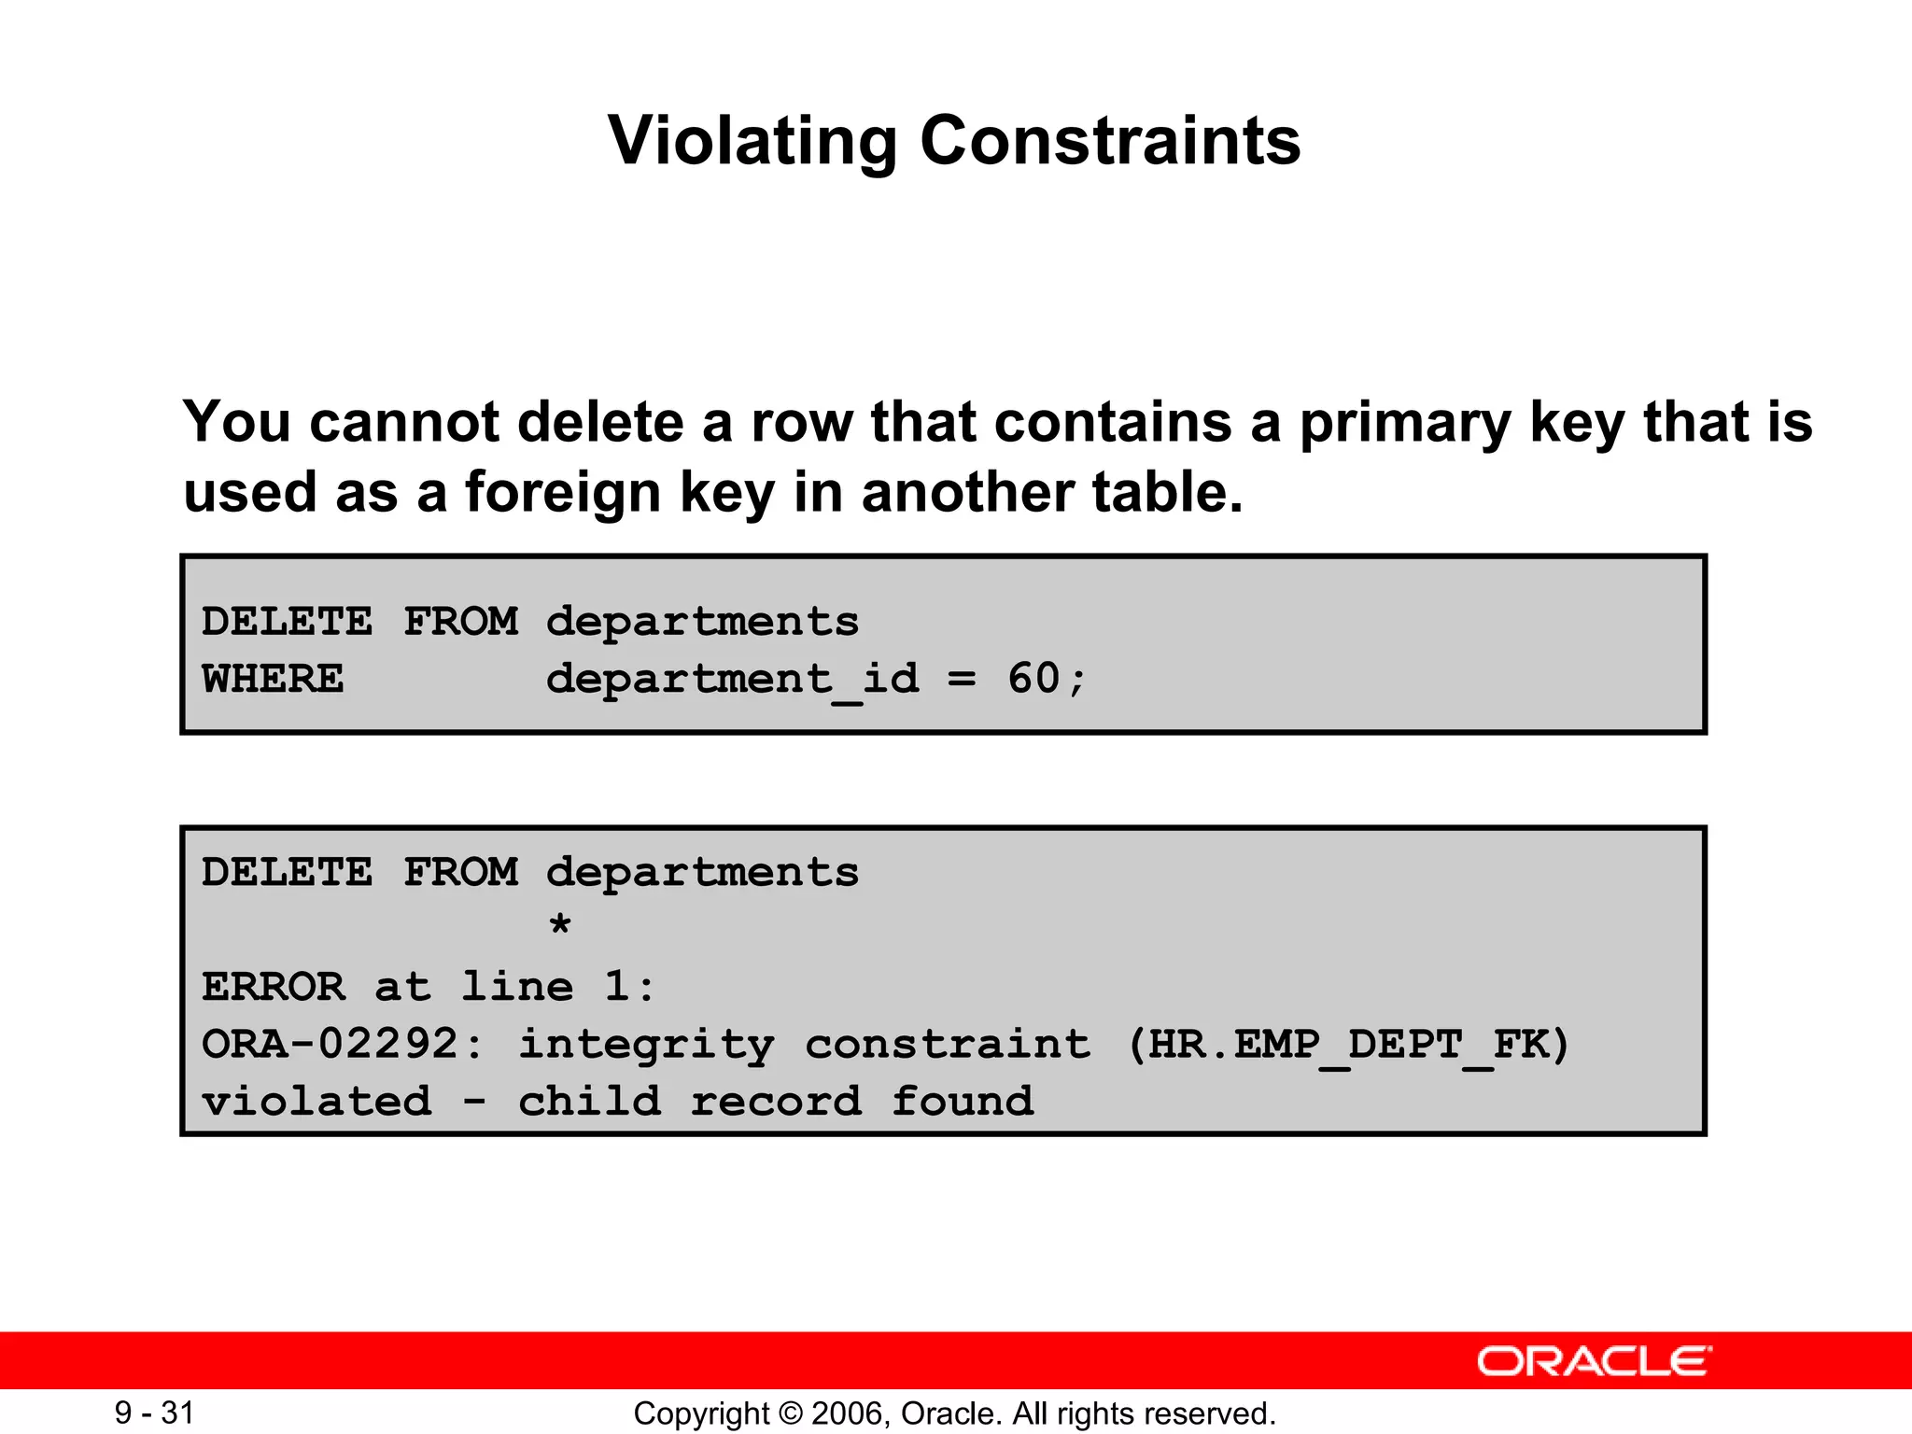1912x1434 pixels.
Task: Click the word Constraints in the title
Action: click(x=1110, y=142)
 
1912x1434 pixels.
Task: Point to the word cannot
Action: click(x=403, y=423)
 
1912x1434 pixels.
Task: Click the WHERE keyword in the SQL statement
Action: click(x=273, y=679)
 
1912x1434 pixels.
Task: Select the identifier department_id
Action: click(x=733, y=679)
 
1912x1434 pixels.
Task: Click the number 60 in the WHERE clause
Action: click(x=1033, y=679)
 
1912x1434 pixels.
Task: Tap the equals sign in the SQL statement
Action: click(x=963, y=680)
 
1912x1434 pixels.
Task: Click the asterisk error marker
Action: click(x=559, y=927)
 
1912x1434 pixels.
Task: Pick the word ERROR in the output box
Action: click(x=273, y=987)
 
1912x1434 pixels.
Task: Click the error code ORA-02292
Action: click(x=330, y=1044)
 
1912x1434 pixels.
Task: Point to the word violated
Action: click(x=317, y=1102)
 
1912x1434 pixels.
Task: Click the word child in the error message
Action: click(x=589, y=1102)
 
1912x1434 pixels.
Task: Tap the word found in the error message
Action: click(x=963, y=1102)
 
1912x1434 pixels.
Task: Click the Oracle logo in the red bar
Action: click(x=1594, y=1361)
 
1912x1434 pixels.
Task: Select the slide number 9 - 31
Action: click(x=154, y=1413)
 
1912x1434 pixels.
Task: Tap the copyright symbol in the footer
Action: click(x=791, y=1413)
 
